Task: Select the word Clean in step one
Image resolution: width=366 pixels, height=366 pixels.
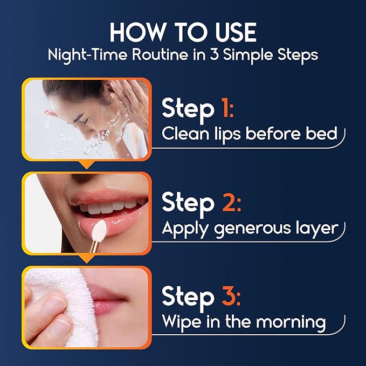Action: pos(186,134)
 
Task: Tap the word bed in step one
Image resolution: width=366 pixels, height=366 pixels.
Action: pos(322,134)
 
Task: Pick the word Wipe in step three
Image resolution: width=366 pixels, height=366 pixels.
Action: pos(181,322)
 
